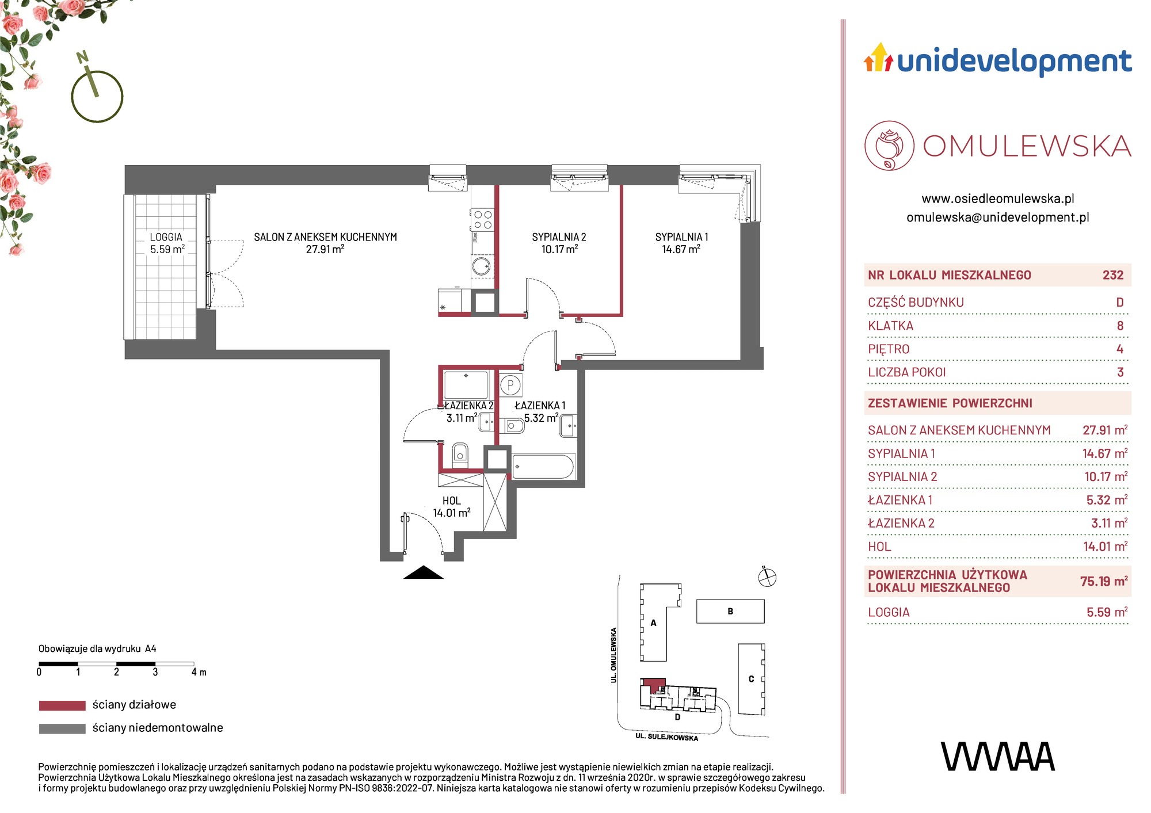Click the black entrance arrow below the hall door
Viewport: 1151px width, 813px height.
[424, 572]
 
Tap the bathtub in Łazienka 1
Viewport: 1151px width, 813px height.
[543, 467]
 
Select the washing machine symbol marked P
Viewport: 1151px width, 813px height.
[510, 385]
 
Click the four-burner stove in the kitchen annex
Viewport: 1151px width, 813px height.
[483, 219]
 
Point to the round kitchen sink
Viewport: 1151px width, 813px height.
[481, 266]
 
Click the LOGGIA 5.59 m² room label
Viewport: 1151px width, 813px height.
[167, 243]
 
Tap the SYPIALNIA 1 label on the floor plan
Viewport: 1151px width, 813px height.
[681, 243]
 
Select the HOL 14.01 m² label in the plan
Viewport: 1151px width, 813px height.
[452, 507]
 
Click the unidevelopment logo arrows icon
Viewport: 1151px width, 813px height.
[878, 58]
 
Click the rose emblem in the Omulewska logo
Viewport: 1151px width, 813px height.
[889, 146]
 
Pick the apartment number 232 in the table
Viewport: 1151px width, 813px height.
[1113, 275]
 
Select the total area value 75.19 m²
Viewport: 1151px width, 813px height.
[1104, 581]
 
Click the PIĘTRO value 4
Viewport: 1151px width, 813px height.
[1120, 349]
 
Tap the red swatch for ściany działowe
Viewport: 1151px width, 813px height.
[62, 705]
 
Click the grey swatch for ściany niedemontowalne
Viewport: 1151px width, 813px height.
[62, 728]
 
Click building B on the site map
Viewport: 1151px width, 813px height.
[730, 611]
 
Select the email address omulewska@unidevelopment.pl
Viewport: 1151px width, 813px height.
[998, 217]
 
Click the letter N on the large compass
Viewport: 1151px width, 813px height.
[83, 57]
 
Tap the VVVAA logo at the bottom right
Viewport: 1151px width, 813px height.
[998, 757]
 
